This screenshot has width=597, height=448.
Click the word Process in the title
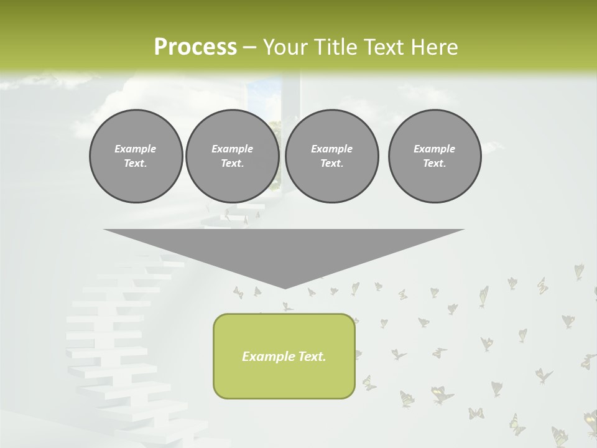tap(195, 47)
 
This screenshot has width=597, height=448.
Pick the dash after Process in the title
tap(250, 48)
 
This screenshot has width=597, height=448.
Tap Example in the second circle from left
tap(232, 149)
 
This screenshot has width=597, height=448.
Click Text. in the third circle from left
tap(331, 164)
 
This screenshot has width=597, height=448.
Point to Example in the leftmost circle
tap(136, 149)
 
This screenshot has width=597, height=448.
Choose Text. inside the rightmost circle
tap(435, 164)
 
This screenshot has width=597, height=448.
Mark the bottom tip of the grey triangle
tap(284, 287)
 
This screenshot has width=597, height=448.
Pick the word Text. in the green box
tap(313, 357)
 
